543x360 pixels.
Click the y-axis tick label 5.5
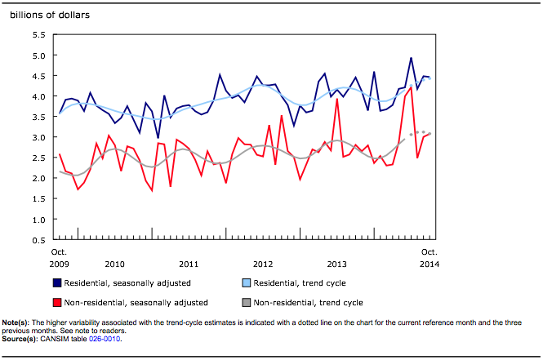(x=38, y=35)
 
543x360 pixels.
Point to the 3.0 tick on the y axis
(x=38, y=137)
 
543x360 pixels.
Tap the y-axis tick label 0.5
(x=38, y=240)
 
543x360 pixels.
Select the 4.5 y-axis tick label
(x=38, y=76)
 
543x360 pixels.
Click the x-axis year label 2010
(x=114, y=264)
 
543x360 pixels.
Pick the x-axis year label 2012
(x=263, y=264)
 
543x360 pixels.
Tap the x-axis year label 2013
(x=337, y=264)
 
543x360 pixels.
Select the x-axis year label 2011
(x=189, y=264)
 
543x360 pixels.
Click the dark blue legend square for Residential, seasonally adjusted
(x=57, y=283)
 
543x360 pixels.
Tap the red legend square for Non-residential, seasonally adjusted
(x=57, y=302)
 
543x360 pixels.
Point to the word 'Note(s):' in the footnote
(x=18, y=322)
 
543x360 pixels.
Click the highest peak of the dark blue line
(x=411, y=58)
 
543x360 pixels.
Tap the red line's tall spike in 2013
(x=336, y=100)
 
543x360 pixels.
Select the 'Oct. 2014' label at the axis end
(x=430, y=258)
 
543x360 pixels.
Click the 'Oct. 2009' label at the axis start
(x=59, y=258)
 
